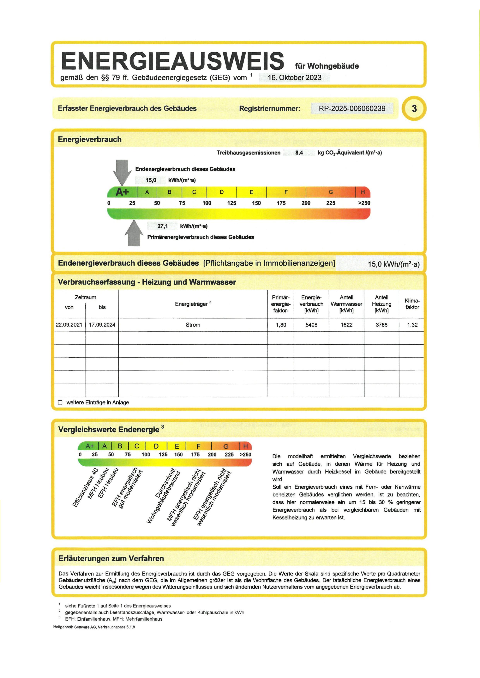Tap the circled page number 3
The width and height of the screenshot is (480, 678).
click(x=414, y=108)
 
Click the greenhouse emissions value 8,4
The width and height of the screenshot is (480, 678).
click(x=299, y=153)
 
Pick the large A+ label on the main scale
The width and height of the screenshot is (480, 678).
click(x=122, y=192)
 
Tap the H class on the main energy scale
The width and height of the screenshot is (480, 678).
click(x=363, y=192)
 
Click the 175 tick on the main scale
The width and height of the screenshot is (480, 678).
click(x=281, y=203)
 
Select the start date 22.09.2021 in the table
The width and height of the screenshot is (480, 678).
click(x=69, y=325)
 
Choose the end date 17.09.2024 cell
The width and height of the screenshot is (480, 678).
click(x=102, y=325)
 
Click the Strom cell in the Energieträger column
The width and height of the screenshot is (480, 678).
click(x=193, y=325)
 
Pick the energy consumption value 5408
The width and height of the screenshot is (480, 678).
click(x=311, y=325)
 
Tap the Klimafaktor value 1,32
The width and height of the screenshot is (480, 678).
click(x=412, y=325)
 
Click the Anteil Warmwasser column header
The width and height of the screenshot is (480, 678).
click(x=346, y=304)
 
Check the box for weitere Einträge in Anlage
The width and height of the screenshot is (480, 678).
click(x=60, y=403)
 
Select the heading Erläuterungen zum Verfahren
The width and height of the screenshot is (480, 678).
click(x=111, y=558)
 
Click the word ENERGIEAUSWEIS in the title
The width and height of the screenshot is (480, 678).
click(x=173, y=61)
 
